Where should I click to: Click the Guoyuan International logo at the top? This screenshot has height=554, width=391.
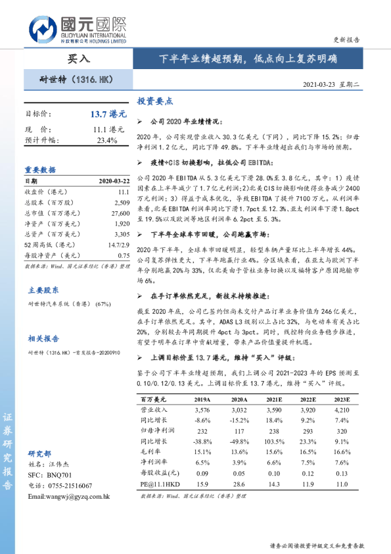click(78, 29)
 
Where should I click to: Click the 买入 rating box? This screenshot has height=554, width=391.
click(78, 59)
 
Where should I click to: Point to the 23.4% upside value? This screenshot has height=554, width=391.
click(107, 140)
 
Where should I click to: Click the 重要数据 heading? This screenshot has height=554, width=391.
click(40, 169)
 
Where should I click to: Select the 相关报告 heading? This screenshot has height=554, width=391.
click(43, 338)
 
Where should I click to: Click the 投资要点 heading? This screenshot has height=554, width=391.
click(154, 102)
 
